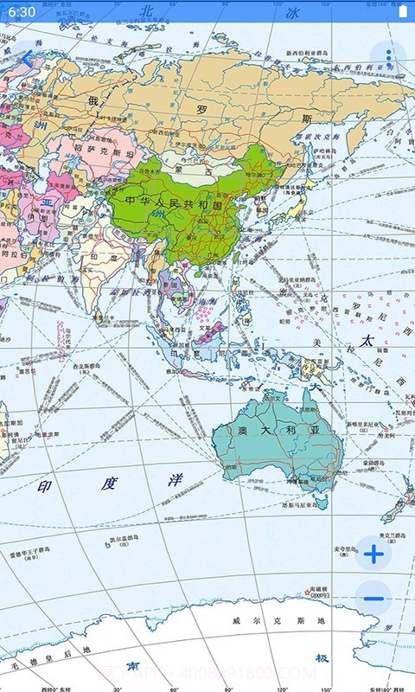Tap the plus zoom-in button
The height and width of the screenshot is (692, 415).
[373, 554]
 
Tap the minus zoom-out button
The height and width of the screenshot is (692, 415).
[373, 598]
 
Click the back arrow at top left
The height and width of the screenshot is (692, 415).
[27, 58]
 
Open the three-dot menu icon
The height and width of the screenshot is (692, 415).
[388, 58]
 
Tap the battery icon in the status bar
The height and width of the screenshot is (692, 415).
[402, 12]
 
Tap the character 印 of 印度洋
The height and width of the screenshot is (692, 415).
[45, 486]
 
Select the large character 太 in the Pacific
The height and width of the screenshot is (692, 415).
[367, 340]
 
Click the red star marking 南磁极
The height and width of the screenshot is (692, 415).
[307, 593]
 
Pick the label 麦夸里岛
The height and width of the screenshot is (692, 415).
[345, 548]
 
